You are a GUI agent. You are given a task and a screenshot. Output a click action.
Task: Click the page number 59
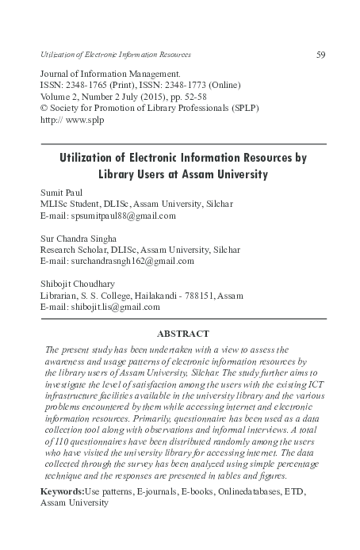point(321,54)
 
